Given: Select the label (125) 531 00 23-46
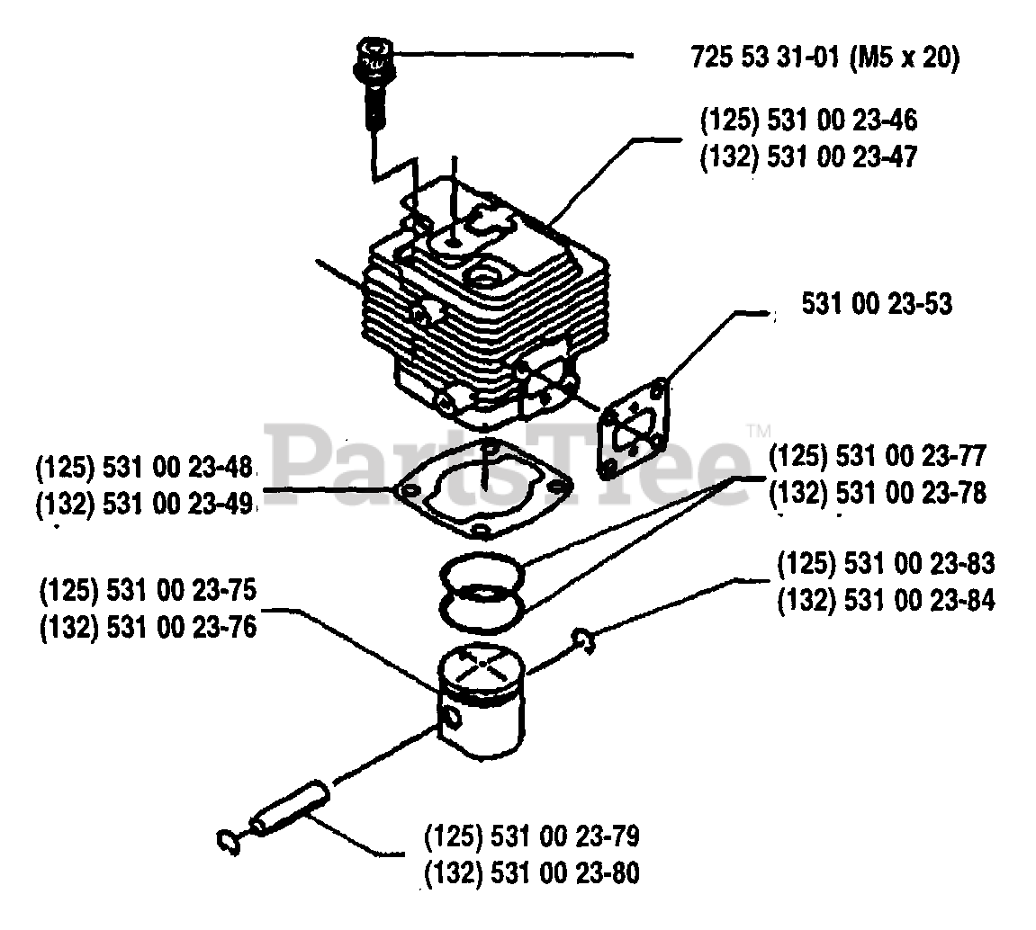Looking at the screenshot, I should pyautogui.click(x=808, y=120).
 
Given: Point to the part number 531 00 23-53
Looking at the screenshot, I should pyautogui.click(x=877, y=305).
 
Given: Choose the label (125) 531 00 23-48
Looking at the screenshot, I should pyautogui.click(x=144, y=468).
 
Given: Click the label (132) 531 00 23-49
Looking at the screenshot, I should pyautogui.click(x=144, y=504).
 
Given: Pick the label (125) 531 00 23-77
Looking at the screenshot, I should pyautogui.click(x=878, y=457).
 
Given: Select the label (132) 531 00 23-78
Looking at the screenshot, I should pyautogui.click(x=878, y=493).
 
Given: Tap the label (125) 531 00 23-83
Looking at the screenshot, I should pyautogui.click(x=886, y=564).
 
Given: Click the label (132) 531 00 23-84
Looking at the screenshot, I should pyautogui.click(x=886, y=600).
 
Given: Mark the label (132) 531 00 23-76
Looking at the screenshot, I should pyautogui.click(x=149, y=627).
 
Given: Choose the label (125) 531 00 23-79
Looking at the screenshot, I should pyautogui.click(x=531, y=837).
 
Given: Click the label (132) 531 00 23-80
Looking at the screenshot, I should pyautogui.click(x=531, y=873).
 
